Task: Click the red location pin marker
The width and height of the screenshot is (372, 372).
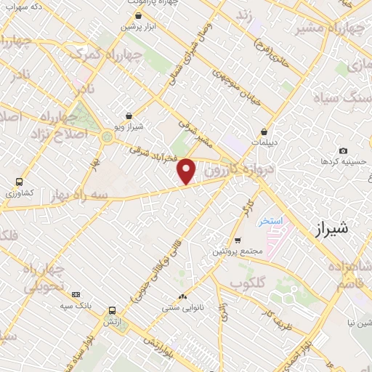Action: tap(187, 171)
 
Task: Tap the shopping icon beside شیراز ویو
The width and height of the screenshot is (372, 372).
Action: tap(129, 116)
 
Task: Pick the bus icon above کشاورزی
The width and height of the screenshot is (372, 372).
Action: tap(19, 182)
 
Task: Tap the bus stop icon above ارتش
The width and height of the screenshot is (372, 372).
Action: tap(110, 308)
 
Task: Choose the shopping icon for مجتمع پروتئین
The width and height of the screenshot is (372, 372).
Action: tap(238, 240)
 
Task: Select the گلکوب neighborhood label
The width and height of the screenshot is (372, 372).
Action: tap(248, 282)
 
